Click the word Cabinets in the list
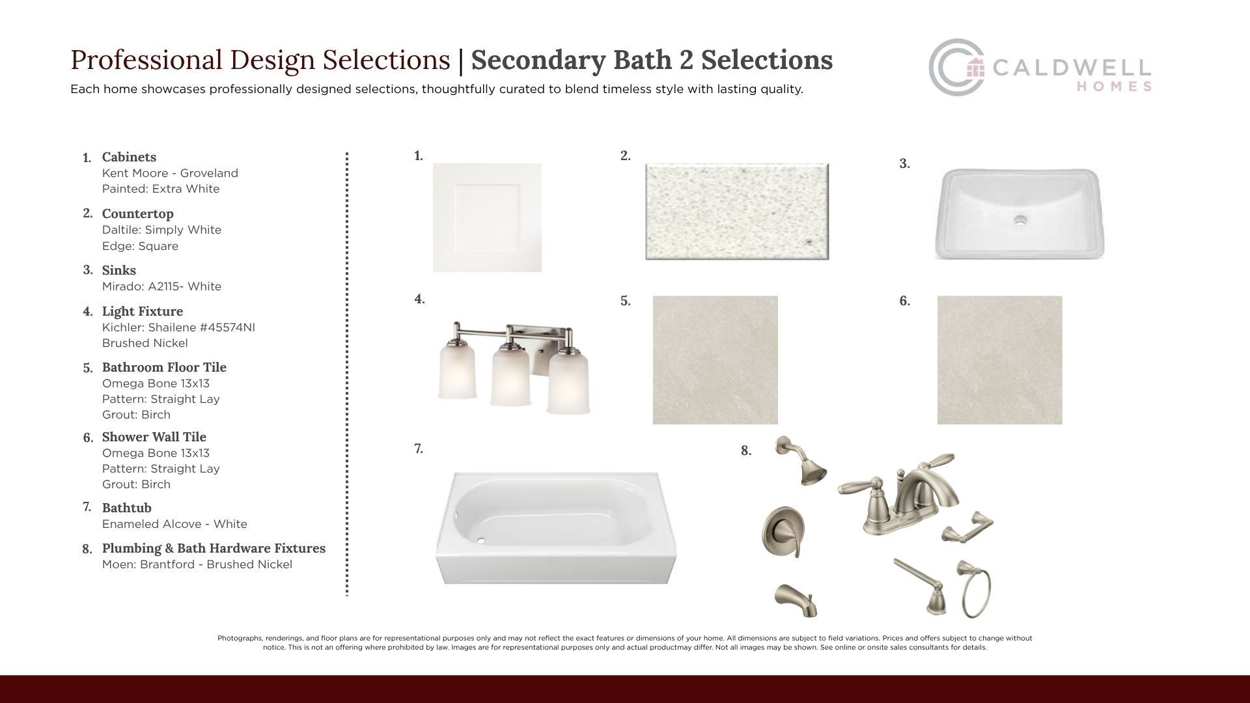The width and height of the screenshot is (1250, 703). click(129, 157)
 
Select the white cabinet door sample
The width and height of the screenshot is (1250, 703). click(487, 217)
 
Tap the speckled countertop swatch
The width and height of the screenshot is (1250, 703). click(737, 212)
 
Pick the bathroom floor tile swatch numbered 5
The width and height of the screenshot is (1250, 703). click(715, 360)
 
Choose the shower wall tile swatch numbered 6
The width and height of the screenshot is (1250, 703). click(999, 360)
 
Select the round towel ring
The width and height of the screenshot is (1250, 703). click(975, 589)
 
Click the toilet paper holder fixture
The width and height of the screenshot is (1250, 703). click(967, 528)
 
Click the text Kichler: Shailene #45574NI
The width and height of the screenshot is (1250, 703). click(178, 327)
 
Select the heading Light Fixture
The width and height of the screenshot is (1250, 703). click(143, 311)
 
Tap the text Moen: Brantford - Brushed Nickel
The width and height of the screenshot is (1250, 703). click(197, 564)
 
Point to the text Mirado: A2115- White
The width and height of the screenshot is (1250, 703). click(161, 286)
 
